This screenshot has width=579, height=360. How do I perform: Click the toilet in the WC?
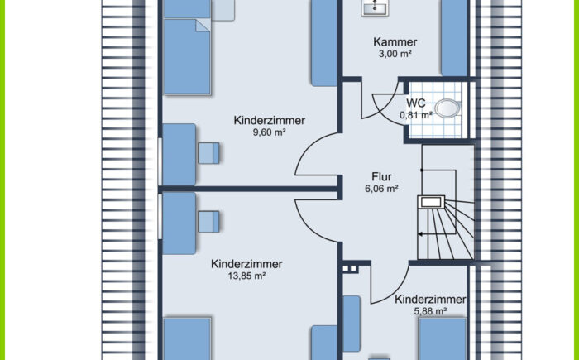[x=447, y=108]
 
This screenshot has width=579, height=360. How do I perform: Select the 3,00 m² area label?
[x=395, y=55]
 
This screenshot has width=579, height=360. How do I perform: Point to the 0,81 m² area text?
[x=416, y=115]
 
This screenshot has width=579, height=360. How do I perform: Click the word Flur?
[x=381, y=176]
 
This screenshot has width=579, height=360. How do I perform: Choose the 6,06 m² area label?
[x=381, y=189]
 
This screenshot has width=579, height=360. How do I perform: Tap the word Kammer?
[x=395, y=41]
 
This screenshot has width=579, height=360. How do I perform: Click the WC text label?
[x=416, y=103]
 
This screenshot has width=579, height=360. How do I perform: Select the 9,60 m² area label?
[x=269, y=132]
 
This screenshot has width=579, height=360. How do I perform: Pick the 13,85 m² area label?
[x=246, y=276]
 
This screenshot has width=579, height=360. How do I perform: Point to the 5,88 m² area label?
[x=430, y=311]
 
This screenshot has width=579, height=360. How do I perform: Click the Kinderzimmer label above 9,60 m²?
[x=269, y=120]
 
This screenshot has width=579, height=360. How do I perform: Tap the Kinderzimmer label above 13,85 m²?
[x=246, y=264]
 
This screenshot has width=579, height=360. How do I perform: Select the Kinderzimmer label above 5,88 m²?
[x=430, y=299]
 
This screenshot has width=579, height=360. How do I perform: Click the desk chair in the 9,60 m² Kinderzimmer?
[x=209, y=152]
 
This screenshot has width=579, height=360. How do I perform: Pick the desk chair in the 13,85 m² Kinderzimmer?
[x=208, y=220]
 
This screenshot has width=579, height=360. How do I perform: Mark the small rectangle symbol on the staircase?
[x=431, y=200]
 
